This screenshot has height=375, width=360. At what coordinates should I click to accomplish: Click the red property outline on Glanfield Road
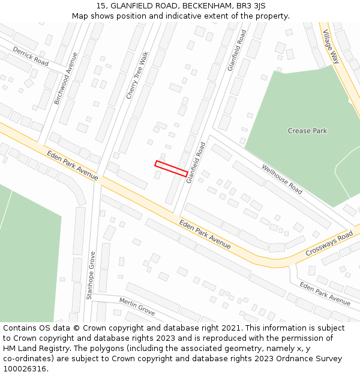(x=171, y=168)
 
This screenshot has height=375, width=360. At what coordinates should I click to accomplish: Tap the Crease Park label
(x=307, y=131)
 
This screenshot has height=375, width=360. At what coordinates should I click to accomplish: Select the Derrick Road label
(x=31, y=56)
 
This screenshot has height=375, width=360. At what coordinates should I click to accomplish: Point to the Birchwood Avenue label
(x=66, y=79)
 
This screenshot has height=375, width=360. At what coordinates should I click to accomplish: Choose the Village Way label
(x=331, y=46)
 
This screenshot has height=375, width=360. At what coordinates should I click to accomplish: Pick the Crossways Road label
(x=329, y=244)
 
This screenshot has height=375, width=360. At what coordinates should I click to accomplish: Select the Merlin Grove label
(x=137, y=306)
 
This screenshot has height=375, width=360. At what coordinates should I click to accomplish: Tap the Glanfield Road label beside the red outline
(x=196, y=163)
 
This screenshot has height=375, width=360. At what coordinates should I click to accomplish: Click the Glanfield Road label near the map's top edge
(x=237, y=50)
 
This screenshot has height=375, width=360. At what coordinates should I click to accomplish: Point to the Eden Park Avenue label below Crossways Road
(x=325, y=293)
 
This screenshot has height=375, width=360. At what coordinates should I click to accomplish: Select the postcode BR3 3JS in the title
(x=250, y=6)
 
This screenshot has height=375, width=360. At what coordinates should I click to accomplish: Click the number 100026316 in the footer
(x=25, y=368)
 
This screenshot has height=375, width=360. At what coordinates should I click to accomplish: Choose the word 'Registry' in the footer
(x=58, y=349)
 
